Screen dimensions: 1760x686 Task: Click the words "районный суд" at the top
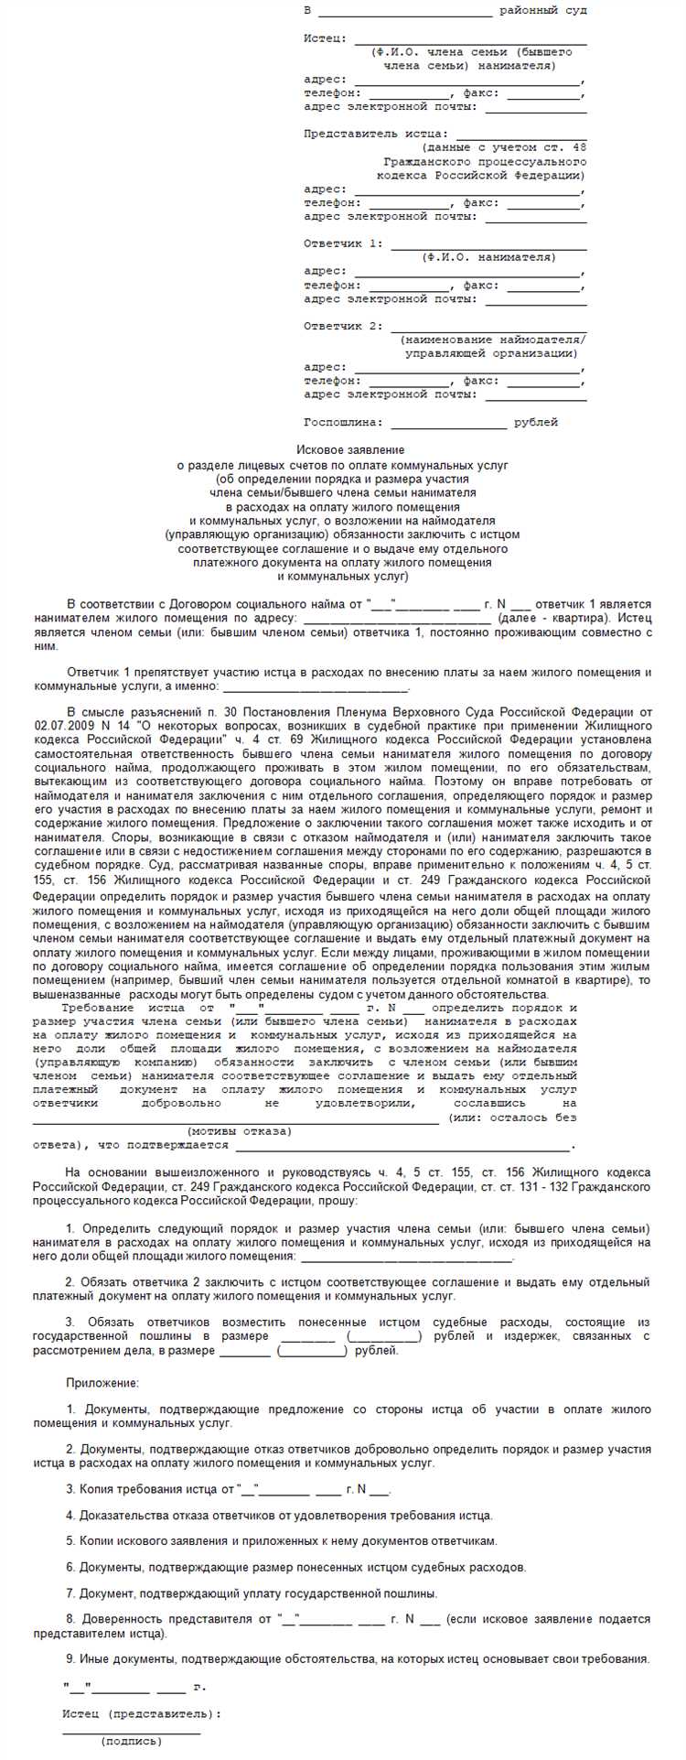click(543, 11)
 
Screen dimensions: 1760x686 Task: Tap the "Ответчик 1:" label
click(344, 243)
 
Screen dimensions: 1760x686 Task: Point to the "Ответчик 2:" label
click(344, 326)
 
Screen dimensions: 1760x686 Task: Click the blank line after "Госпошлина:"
click(448, 424)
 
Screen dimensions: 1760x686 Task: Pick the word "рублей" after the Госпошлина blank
click(536, 423)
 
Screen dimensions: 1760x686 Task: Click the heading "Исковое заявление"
click(350, 449)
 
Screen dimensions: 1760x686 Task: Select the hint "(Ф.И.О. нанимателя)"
click(488, 257)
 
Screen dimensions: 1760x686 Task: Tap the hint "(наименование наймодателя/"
click(494, 340)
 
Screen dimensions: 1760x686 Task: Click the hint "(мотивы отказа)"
click(240, 1131)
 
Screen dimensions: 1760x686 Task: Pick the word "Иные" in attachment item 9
click(94, 1658)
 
